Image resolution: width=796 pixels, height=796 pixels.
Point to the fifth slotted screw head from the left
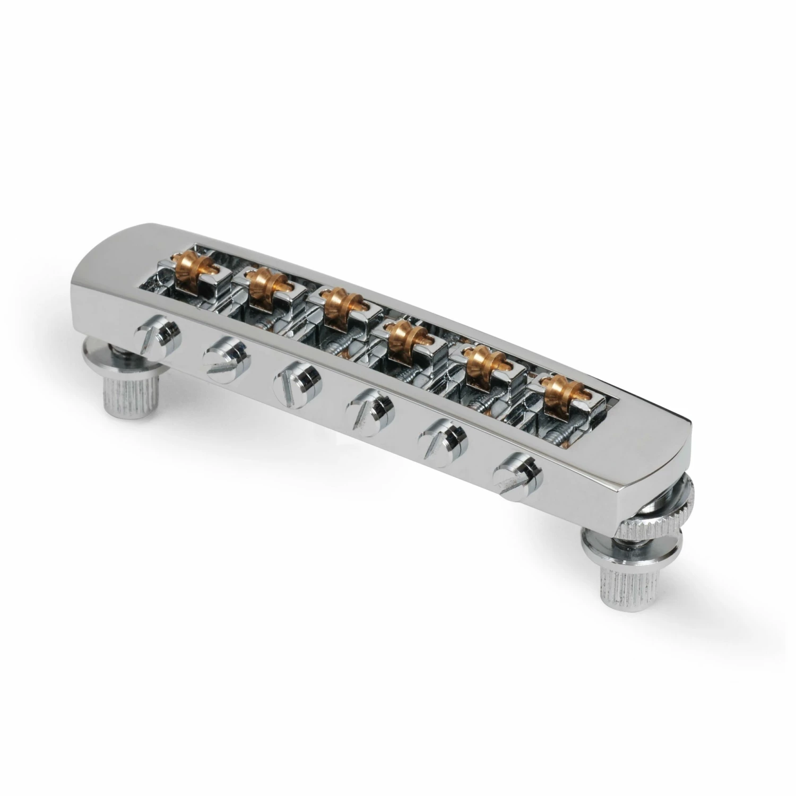pyautogui.click(x=442, y=435)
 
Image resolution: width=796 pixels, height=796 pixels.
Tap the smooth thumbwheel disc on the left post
pyautogui.click(x=106, y=361)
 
